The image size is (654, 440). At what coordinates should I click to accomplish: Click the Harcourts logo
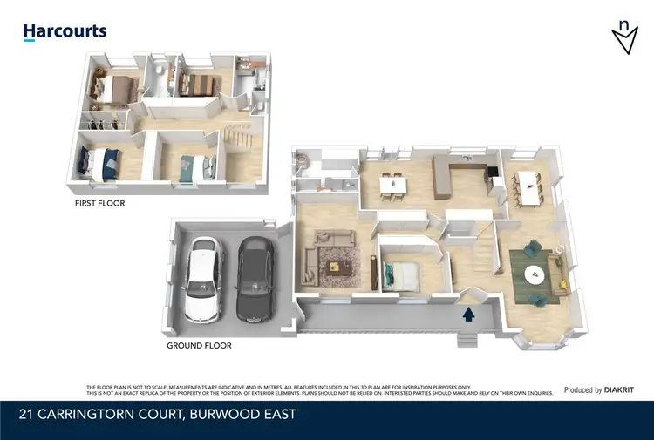click(x=65, y=31)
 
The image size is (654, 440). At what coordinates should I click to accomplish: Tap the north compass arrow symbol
click(x=623, y=37)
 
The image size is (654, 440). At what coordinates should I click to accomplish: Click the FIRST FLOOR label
click(x=99, y=203)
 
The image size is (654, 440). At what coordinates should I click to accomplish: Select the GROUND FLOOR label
click(x=199, y=345)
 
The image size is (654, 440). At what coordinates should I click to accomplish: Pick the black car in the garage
click(x=254, y=277)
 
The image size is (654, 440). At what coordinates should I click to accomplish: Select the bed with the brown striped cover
click(x=196, y=85)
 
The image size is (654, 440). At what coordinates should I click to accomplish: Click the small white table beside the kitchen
click(x=392, y=183)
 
